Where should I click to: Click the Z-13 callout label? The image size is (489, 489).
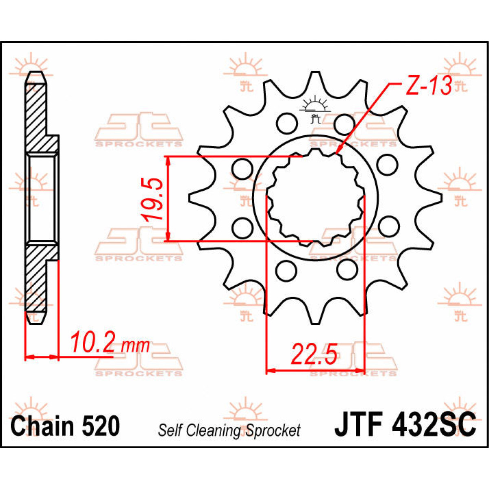(x=428, y=86)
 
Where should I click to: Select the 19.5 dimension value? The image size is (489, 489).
(x=153, y=198)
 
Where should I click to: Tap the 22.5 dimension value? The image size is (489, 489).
(x=314, y=355)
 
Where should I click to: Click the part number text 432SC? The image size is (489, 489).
(x=434, y=425)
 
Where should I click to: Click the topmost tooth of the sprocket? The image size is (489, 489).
(x=314, y=79)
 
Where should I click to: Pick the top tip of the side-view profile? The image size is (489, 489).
(x=35, y=74)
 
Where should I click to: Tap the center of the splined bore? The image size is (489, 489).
(x=314, y=198)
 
